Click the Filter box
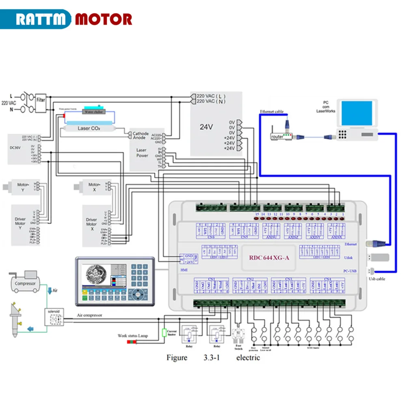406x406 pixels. click(x=41, y=100)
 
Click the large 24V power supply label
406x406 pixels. click(x=206, y=127)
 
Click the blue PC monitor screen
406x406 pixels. click(x=357, y=113)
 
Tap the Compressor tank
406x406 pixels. click(x=25, y=283)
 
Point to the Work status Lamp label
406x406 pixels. click(x=133, y=336)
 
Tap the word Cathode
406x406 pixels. click(x=141, y=134)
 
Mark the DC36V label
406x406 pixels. click(x=15, y=147)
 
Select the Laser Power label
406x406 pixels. click(x=142, y=153)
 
